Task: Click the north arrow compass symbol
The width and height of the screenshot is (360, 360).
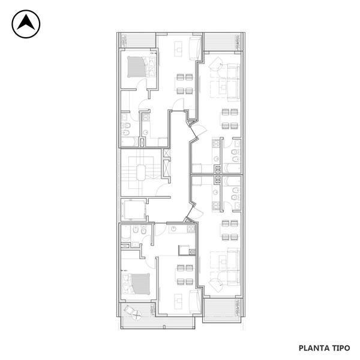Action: (26, 24)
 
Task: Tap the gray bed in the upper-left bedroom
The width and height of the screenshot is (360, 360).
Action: (137, 67)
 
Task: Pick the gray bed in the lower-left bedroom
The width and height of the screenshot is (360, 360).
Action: (140, 284)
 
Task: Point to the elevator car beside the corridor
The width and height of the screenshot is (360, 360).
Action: (134, 210)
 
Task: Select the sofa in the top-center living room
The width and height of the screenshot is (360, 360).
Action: (195, 48)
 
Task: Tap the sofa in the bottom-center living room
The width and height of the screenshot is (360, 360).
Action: (195, 302)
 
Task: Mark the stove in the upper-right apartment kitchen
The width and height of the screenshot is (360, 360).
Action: (216, 143)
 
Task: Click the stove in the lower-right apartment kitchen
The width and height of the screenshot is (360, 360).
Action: (216, 206)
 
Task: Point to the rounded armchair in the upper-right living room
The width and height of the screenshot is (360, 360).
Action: (216, 65)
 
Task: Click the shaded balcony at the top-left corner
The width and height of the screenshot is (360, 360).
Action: (138, 41)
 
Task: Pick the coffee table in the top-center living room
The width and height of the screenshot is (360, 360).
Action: (178, 49)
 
